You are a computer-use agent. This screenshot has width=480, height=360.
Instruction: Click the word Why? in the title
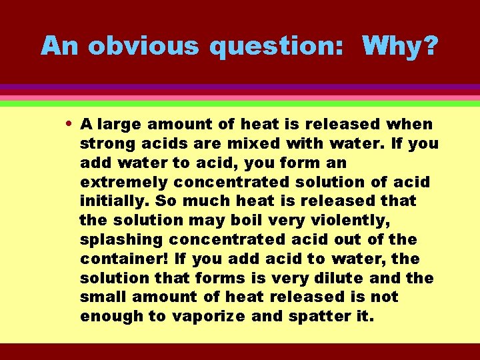400,46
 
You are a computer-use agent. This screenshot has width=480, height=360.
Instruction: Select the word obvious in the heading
143,46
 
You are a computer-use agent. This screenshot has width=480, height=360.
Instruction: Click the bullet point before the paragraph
71,124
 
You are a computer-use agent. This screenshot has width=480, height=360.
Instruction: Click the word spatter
313,316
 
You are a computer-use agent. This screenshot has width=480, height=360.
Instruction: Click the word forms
202,278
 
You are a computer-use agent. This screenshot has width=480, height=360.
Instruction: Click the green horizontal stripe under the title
240,104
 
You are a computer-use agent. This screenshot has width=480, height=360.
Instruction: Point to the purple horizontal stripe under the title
240,87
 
